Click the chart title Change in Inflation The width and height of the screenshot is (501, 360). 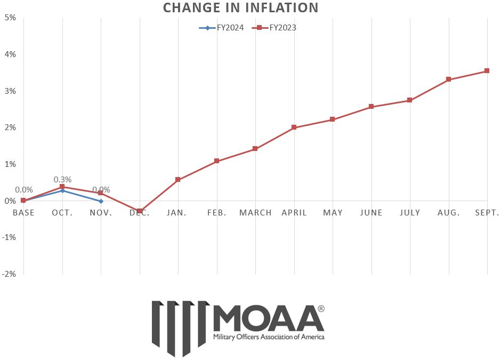click(240, 8)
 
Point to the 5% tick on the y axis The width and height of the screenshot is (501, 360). click(10, 18)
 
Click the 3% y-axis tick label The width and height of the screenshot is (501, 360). click(10, 91)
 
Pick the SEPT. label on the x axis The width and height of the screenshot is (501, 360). click(486, 213)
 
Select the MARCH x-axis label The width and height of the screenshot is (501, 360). click(255, 213)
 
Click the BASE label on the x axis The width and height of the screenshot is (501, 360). click(23, 213)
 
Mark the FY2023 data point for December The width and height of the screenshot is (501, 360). click(140, 211)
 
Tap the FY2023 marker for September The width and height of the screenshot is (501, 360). click(487, 71)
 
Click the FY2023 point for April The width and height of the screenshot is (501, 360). click(294, 127)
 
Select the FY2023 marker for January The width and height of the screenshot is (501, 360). click(178, 180)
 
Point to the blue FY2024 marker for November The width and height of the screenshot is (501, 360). click(101, 201)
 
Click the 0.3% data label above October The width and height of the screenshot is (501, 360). click(62, 180)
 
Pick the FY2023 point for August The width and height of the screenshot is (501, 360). click(449, 79)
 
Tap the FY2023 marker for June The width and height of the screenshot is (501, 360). click(371, 107)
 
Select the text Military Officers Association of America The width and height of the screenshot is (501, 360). click(268, 337)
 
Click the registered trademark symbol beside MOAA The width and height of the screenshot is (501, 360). click(321, 309)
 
